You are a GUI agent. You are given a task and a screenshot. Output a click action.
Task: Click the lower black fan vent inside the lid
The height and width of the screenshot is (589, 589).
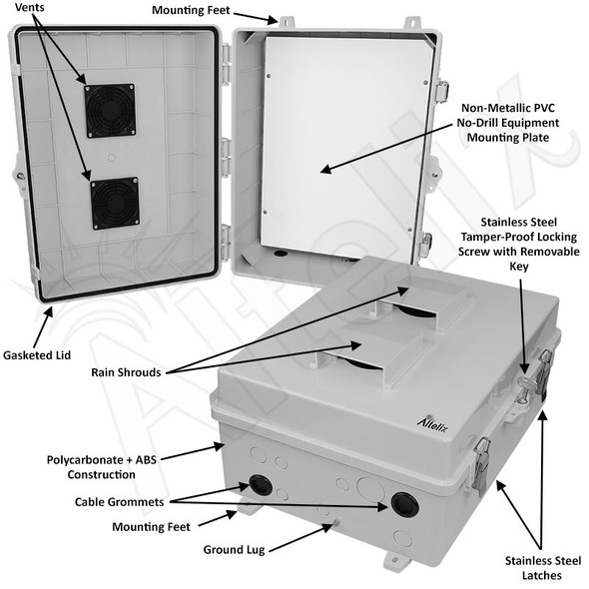tap(113, 204)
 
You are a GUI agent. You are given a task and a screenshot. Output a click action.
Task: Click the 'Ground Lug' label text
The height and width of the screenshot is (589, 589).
tap(234, 549)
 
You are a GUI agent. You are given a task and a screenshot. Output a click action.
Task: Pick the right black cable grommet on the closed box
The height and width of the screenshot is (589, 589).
tap(404, 502)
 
